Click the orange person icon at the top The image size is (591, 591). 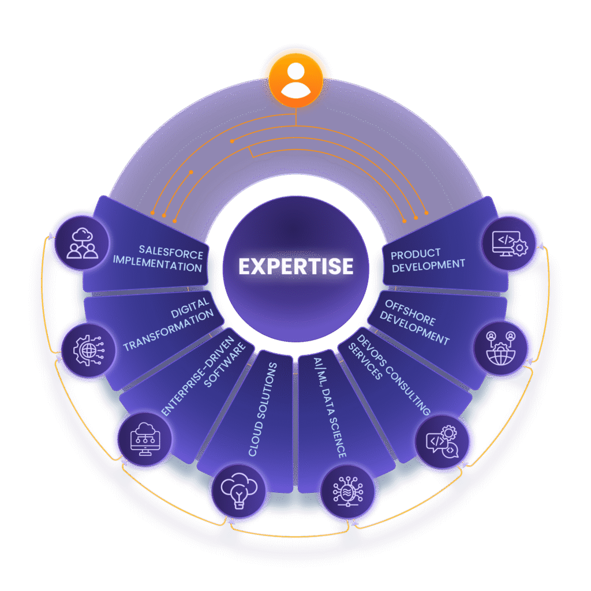[295, 80]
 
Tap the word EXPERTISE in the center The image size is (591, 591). [296, 266]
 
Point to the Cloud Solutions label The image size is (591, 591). [262, 409]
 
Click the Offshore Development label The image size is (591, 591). [417, 322]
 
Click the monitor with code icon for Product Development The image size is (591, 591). [510, 243]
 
